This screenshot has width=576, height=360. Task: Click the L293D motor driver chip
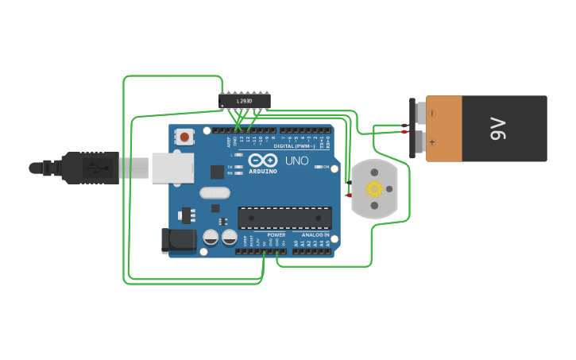tap(245, 101)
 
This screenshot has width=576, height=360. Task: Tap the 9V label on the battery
tap(497, 129)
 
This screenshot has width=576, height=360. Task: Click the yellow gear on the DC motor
tap(373, 189)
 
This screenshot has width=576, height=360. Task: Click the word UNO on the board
tap(296, 161)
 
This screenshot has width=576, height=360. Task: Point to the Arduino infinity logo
tap(262, 161)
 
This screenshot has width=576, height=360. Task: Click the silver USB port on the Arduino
tap(172, 168)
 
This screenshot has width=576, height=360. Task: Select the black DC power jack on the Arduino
tap(178, 241)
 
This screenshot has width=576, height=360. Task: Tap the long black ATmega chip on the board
tap(284, 218)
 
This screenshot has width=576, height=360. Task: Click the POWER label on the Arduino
tap(276, 235)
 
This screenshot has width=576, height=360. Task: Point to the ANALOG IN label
tap(315, 235)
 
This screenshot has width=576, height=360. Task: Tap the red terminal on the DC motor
tap(348, 195)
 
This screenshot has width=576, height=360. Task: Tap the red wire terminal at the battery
tap(405, 132)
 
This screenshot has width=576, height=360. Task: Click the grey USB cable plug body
tap(133, 168)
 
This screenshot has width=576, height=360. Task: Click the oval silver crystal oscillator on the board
tap(215, 192)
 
